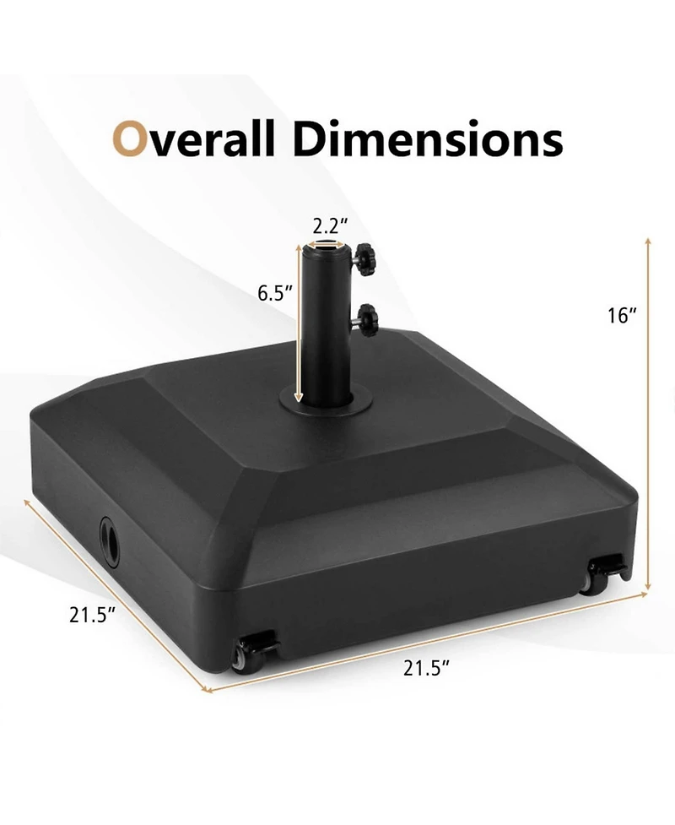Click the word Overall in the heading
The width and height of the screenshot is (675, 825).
(x=193, y=138)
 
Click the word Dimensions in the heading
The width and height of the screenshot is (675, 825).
(x=428, y=138)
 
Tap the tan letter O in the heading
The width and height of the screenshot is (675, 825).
(x=129, y=139)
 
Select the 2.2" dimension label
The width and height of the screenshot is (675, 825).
(x=330, y=226)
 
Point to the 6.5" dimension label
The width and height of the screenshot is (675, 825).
(x=275, y=293)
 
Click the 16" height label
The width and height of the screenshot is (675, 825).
(x=622, y=316)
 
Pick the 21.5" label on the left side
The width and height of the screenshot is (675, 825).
(x=92, y=615)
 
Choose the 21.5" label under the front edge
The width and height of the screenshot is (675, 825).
(x=426, y=668)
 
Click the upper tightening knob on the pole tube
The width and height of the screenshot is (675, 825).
(x=364, y=258)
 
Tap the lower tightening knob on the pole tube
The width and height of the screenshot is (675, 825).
(x=365, y=320)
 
